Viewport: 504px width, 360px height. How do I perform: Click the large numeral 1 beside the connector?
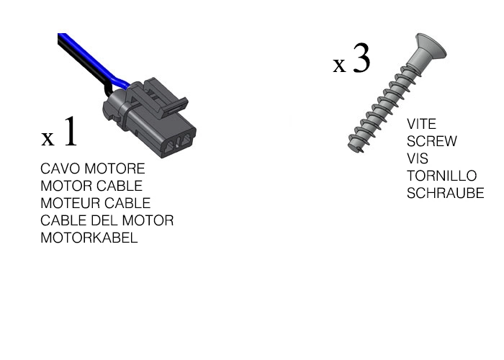point(69,131)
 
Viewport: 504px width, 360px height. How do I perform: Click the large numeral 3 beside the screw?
point(361,59)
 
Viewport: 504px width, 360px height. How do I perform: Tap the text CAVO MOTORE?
point(92,169)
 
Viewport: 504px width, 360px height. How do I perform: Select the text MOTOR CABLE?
point(91,186)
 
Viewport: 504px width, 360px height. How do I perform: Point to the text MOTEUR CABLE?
point(95,204)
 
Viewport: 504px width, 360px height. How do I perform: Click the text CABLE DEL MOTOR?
point(107,221)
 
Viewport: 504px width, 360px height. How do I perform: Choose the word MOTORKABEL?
point(89,238)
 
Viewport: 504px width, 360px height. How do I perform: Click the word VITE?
point(421,125)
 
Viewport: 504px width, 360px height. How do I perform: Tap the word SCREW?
point(431,142)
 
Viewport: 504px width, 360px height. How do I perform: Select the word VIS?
point(418,159)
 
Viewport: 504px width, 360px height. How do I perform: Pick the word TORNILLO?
point(441,176)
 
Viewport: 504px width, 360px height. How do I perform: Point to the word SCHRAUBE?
point(445,194)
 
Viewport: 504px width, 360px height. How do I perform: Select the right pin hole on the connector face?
point(188,137)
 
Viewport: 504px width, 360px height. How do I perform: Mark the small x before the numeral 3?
point(339,66)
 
